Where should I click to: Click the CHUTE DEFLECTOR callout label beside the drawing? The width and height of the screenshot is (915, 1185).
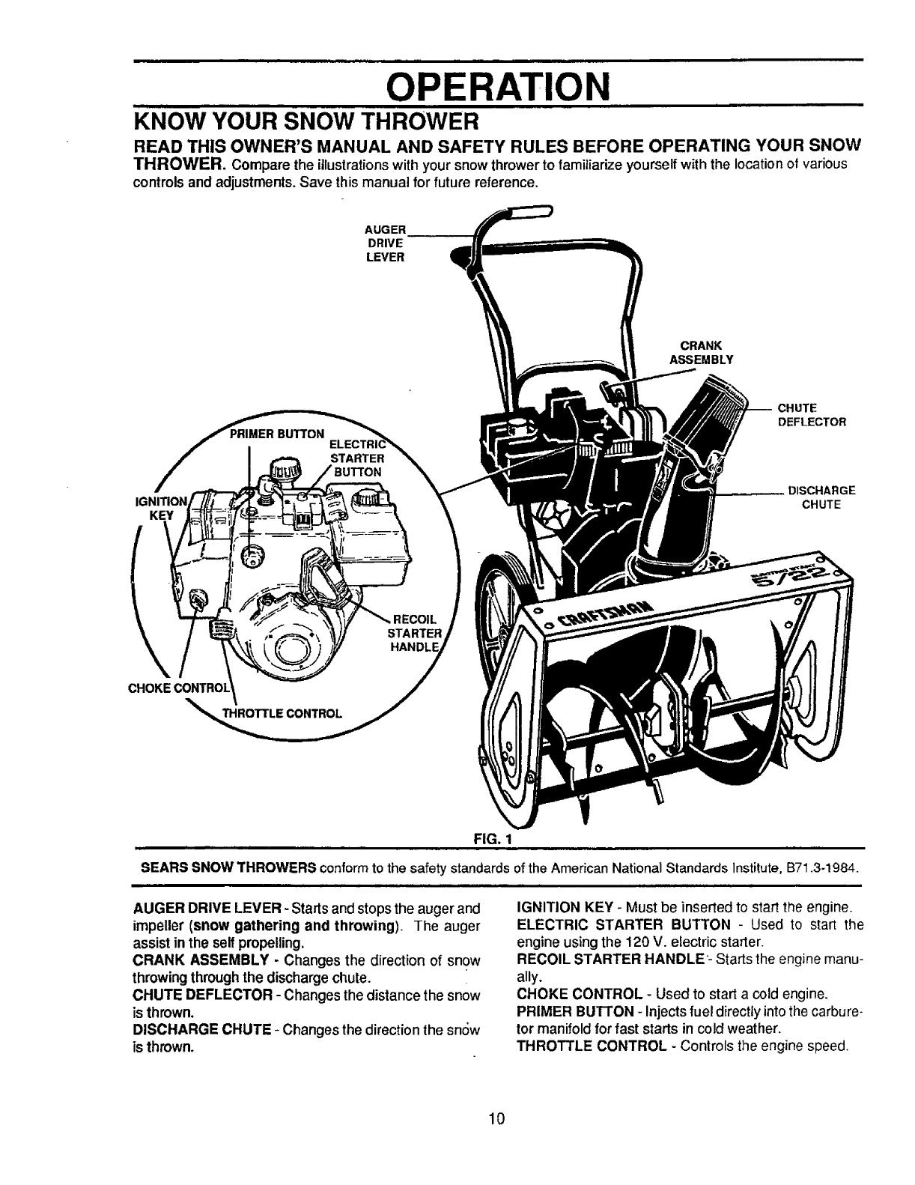(812, 415)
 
